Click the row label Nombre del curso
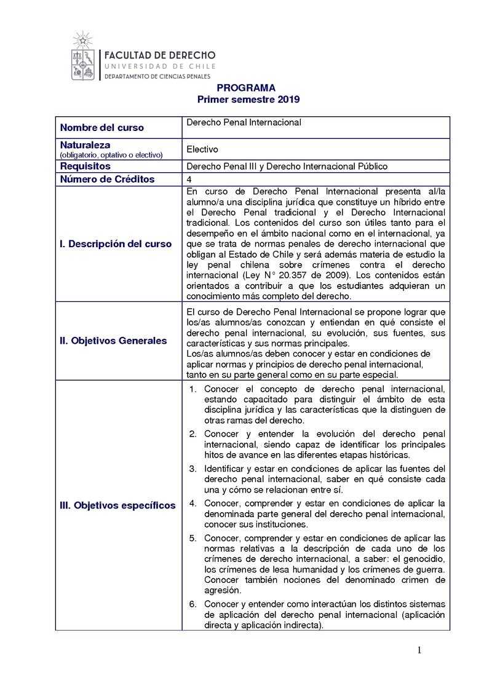pyautogui.click(x=102, y=128)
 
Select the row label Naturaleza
pyautogui.click(x=85, y=144)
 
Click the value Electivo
pyautogui.click(x=202, y=149)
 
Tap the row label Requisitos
pyautogui.click(x=85, y=166)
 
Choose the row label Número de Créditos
pyautogui.click(x=107, y=179)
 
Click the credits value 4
pyautogui.click(x=189, y=179)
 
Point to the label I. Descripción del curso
pyautogui.click(x=116, y=243)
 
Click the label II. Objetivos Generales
pyautogui.click(x=113, y=341)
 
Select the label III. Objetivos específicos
pyautogui.click(x=117, y=505)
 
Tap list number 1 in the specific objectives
pyautogui.click(x=192, y=389)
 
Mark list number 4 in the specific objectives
pyautogui.click(x=192, y=503)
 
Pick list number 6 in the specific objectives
pyautogui.click(x=192, y=604)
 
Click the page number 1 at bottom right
pyautogui.click(x=419, y=651)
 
